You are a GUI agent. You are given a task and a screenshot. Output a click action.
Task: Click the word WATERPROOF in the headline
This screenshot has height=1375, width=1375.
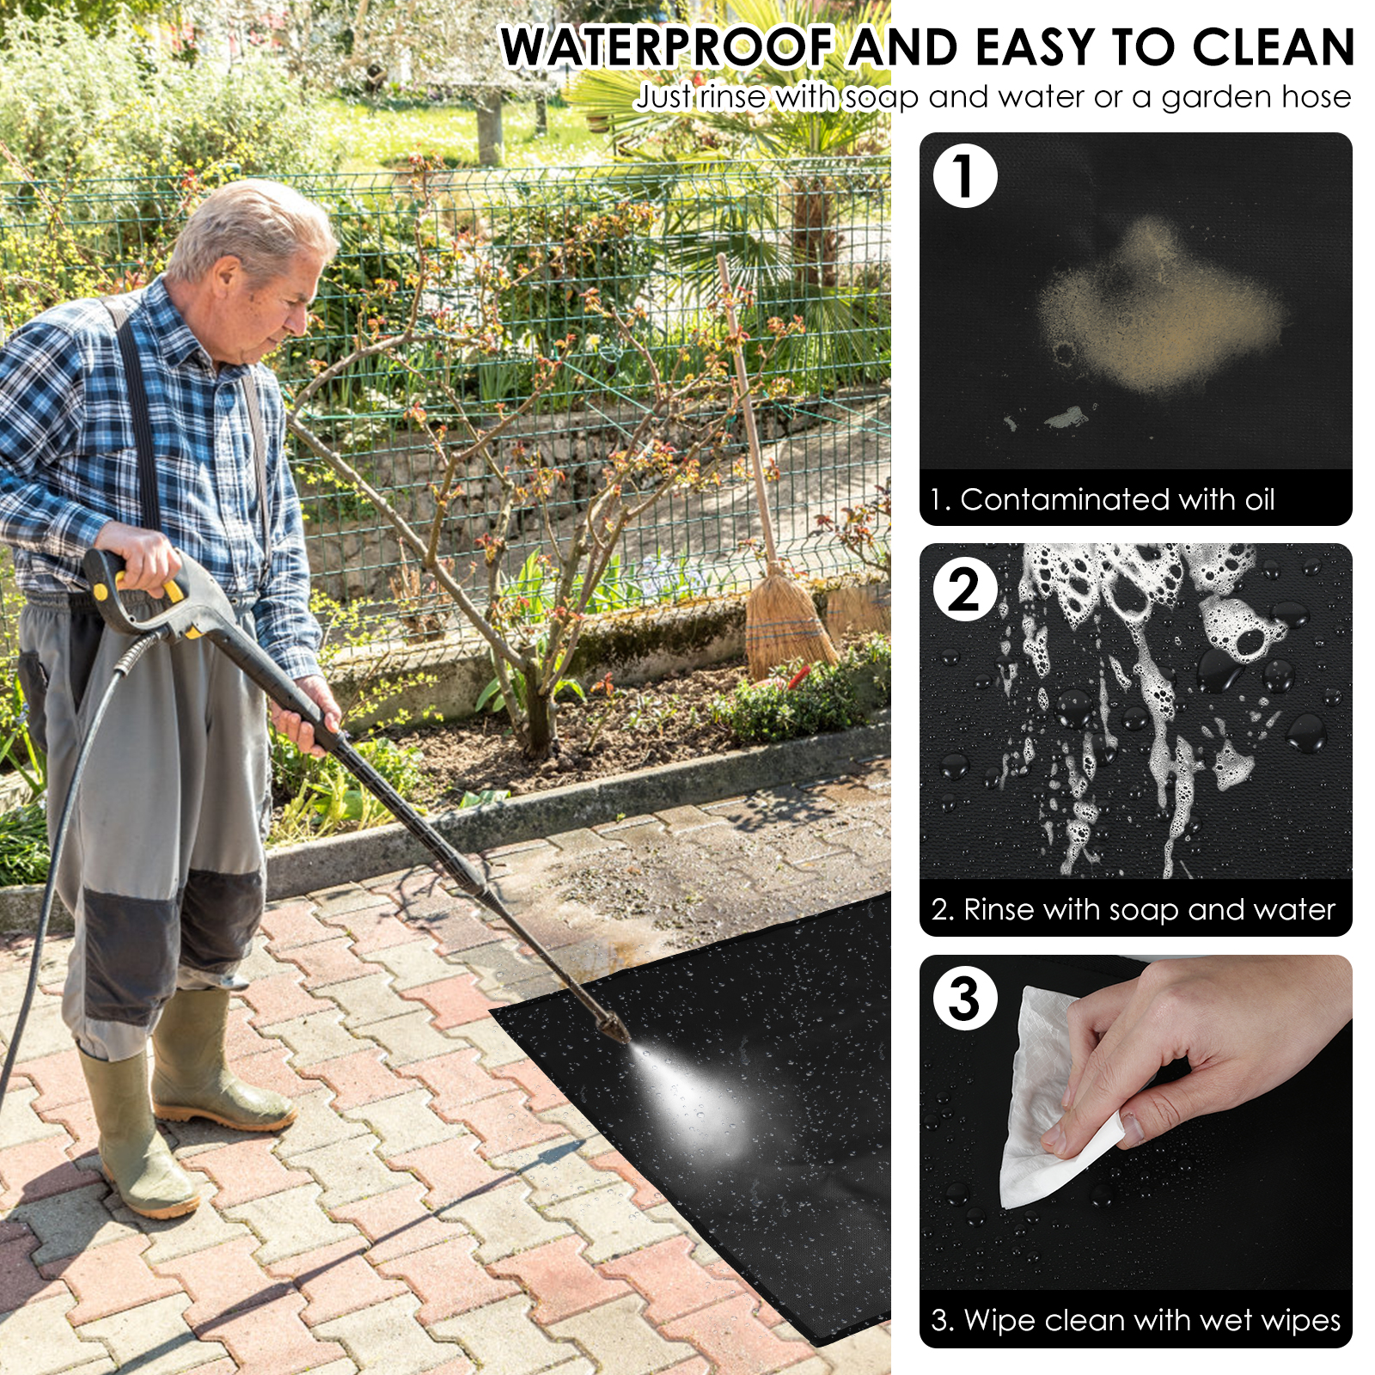(668, 47)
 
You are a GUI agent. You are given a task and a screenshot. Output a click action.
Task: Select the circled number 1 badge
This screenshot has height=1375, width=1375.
(965, 176)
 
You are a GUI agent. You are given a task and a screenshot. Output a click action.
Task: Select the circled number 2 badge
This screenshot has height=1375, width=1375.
(965, 590)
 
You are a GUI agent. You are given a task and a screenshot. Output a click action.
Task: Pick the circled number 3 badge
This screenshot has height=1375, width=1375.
(965, 999)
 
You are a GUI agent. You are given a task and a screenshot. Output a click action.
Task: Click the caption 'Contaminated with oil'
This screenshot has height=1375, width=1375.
(1117, 499)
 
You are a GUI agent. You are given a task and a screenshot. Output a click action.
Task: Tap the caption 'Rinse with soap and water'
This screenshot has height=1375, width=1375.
(1149, 909)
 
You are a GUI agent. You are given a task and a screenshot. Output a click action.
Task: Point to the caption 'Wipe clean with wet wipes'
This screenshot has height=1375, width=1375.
(1152, 1319)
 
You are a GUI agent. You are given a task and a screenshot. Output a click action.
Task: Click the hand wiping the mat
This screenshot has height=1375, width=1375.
(1195, 1057)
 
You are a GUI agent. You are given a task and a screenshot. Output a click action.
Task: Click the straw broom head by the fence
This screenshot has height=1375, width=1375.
(786, 623)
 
